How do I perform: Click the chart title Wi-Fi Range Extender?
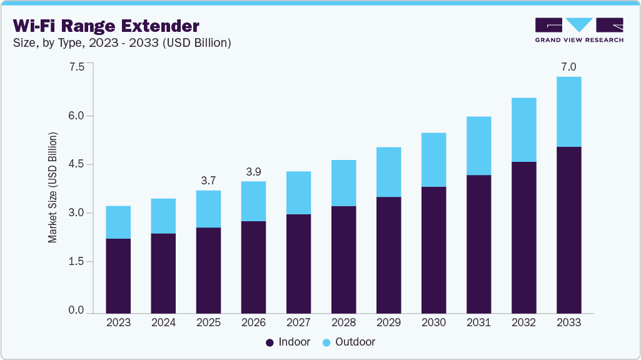[106, 26]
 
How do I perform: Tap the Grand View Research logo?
[579, 29]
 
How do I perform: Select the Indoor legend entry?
[288, 342]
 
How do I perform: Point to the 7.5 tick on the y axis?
[76, 67]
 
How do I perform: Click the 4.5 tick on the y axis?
[76, 164]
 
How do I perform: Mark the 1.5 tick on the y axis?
[76, 262]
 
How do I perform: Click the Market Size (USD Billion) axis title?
[53, 187]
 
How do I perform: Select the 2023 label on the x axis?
[118, 322]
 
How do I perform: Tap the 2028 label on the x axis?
[343, 322]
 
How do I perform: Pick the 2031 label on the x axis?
[478, 322]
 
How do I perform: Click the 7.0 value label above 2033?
[568, 67]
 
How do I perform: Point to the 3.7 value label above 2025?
[208, 181]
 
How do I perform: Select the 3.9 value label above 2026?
[253, 172]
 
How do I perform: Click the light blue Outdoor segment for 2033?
[568, 112]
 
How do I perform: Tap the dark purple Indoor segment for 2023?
[118, 276]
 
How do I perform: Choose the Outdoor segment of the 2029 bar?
[388, 172]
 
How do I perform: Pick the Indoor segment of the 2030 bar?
[433, 250]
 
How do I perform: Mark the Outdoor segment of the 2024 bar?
[163, 216]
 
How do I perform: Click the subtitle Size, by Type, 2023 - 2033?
[122, 43]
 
